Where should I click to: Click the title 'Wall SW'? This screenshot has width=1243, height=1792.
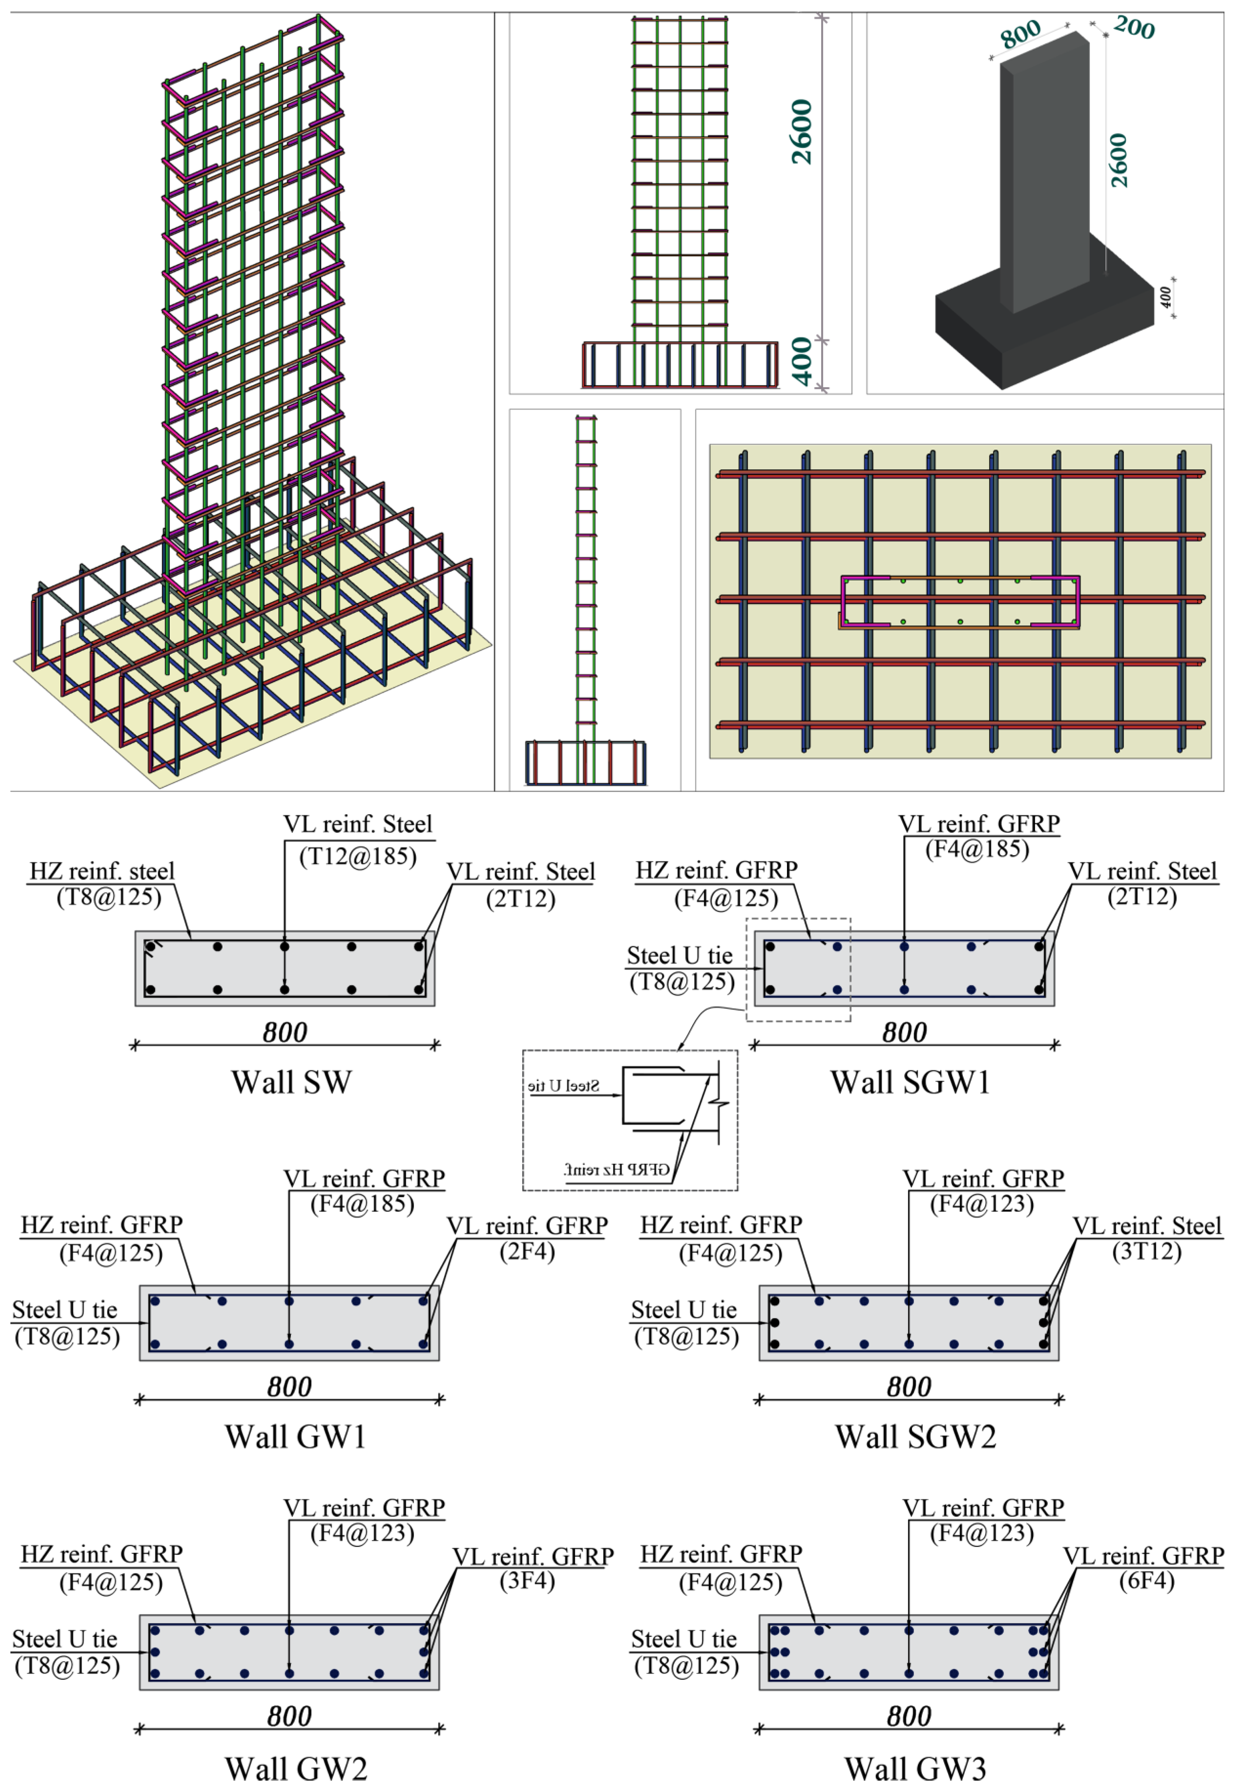[x=291, y=1082]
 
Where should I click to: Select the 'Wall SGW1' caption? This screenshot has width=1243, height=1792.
[x=910, y=1082]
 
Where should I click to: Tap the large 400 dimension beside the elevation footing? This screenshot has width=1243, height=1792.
[x=802, y=362]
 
